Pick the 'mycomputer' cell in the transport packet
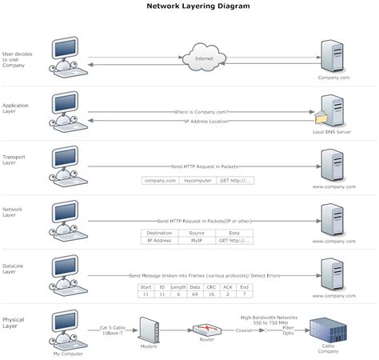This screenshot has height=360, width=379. [x=197, y=181]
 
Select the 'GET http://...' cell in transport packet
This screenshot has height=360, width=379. [x=235, y=181]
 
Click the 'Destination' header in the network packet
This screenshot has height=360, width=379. [x=159, y=233]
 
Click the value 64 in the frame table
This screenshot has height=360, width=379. [x=194, y=294]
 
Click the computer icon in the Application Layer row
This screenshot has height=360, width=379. [x=66, y=107]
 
